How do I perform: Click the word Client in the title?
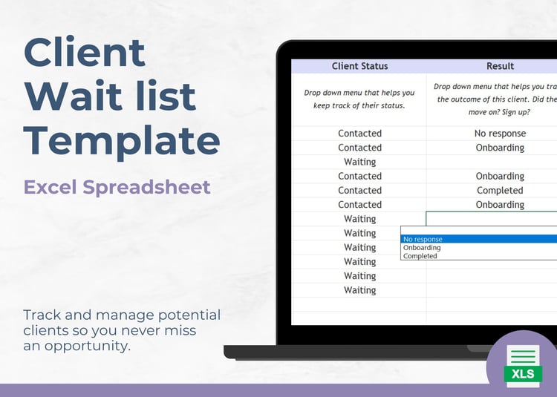[x=85, y=52]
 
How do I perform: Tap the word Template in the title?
[x=122, y=141]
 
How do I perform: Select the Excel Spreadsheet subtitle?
[x=117, y=188]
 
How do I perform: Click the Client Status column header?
[x=359, y=66]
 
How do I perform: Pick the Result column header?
[x=500, y=66]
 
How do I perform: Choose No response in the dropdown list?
[x=423, y=239]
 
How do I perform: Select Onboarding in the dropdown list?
[x=422, y=248]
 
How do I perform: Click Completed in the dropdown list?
[x=420, y=256]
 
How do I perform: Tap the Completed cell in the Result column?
[x=500, y=191]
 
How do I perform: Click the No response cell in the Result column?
[x=500, y=134]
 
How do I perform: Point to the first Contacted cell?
[x=359, y=134]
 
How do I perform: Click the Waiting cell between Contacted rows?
[x=359, y=162]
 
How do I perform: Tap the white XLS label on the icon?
[x=523, y=374]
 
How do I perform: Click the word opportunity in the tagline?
[x=88, y=346]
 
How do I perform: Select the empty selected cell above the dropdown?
[x=492, y=219]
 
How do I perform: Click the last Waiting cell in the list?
[x=359, y=290]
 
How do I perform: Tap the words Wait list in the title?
[x=110, y=96]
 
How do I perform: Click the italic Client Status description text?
[x=359, y=99]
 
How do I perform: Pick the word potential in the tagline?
[x=189, y=316]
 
